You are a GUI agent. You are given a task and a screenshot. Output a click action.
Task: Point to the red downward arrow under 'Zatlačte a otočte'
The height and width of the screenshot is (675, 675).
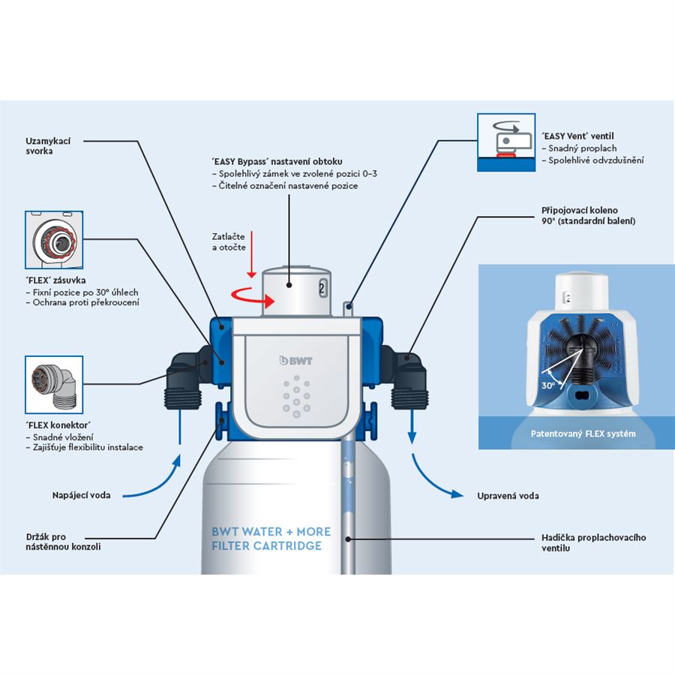pos(252,254)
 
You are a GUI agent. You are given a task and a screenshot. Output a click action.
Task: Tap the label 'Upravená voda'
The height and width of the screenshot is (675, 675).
pos(508,496)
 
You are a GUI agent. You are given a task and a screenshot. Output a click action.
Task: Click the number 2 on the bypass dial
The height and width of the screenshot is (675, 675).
pos(321,286)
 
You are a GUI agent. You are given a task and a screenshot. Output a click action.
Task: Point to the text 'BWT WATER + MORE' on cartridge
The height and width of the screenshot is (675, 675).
pos(271,532)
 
